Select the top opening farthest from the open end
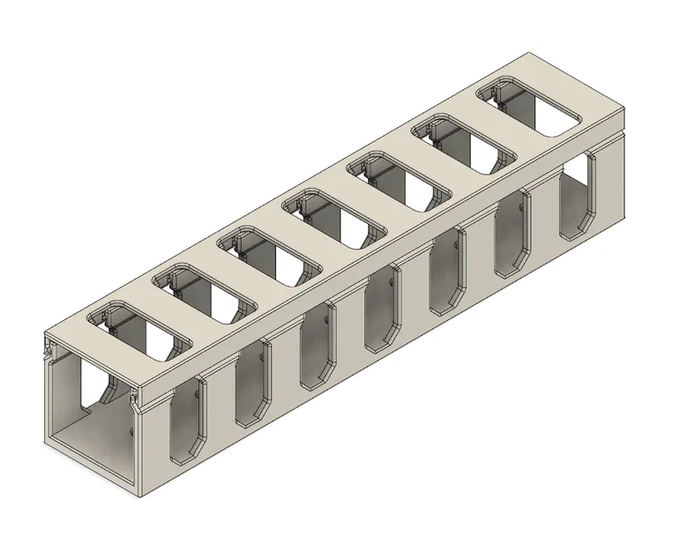coord(532,108)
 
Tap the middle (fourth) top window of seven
coord(335,220)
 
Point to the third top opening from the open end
coord(270,257)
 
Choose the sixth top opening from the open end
coord(466,145)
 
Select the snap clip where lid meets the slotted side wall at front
coord(135,404)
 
